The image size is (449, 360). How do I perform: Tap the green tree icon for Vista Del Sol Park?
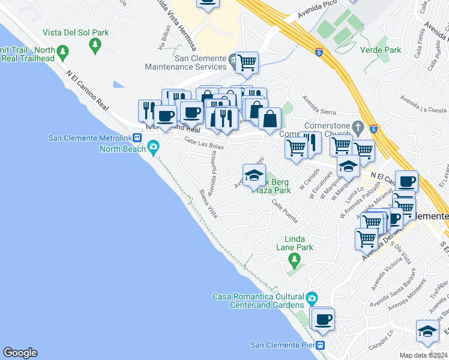tap(94, 44)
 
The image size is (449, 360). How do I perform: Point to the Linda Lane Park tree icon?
tap(294, 259)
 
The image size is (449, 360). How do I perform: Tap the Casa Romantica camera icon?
tap(312, 298)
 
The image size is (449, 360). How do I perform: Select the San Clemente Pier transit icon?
tap(321, 345)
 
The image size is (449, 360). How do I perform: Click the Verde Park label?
tap(381, 50)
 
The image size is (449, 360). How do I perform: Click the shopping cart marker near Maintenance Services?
tap(247, 62)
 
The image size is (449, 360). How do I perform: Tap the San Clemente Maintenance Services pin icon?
tap(233, 59)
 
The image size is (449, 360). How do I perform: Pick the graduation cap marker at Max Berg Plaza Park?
tap(254, 175)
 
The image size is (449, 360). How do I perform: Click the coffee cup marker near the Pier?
tap(322, 319)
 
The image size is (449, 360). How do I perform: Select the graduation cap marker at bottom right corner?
tap(427, 331)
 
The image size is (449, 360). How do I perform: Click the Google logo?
tap(20, 353)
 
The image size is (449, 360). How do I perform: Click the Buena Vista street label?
tap(208, 203)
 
